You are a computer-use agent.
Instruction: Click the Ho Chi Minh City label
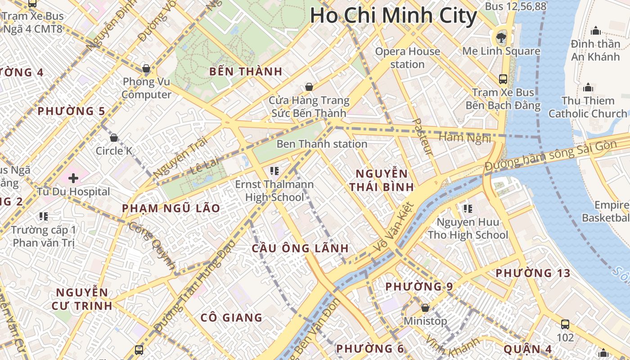click(x=393, y=16)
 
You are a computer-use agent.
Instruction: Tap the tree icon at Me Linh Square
click(x=501, y=37)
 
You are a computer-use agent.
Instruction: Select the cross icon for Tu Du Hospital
click(x=73, y=178)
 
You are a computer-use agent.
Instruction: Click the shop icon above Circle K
click(x=114, y=137)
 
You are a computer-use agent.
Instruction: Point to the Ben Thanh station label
click(x=322, y=144)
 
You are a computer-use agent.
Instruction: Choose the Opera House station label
click(x=407, y=58)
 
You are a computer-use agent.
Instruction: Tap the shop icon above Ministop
click(x=425, y=308)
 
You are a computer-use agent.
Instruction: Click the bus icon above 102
click(x=565, y=324)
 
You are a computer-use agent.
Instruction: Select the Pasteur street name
click(x=423, y=137)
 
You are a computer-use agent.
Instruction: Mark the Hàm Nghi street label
click(x=464, y=138)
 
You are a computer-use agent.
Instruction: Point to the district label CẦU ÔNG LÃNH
click(x=300, y=248)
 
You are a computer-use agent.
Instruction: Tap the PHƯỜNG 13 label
click(x=532, y=273)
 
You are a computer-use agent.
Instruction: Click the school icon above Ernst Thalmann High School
click(x=274, y=171)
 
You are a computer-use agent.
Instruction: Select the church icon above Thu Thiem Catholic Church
click(x=588, y=87)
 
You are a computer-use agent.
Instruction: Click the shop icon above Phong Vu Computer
click(x=146, y=68)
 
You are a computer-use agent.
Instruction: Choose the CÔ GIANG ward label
click(x=231, y=318)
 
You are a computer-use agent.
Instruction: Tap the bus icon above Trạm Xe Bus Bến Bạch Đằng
click(x=503, y=79)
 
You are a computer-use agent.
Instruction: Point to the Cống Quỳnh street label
click(x=152, y=245)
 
